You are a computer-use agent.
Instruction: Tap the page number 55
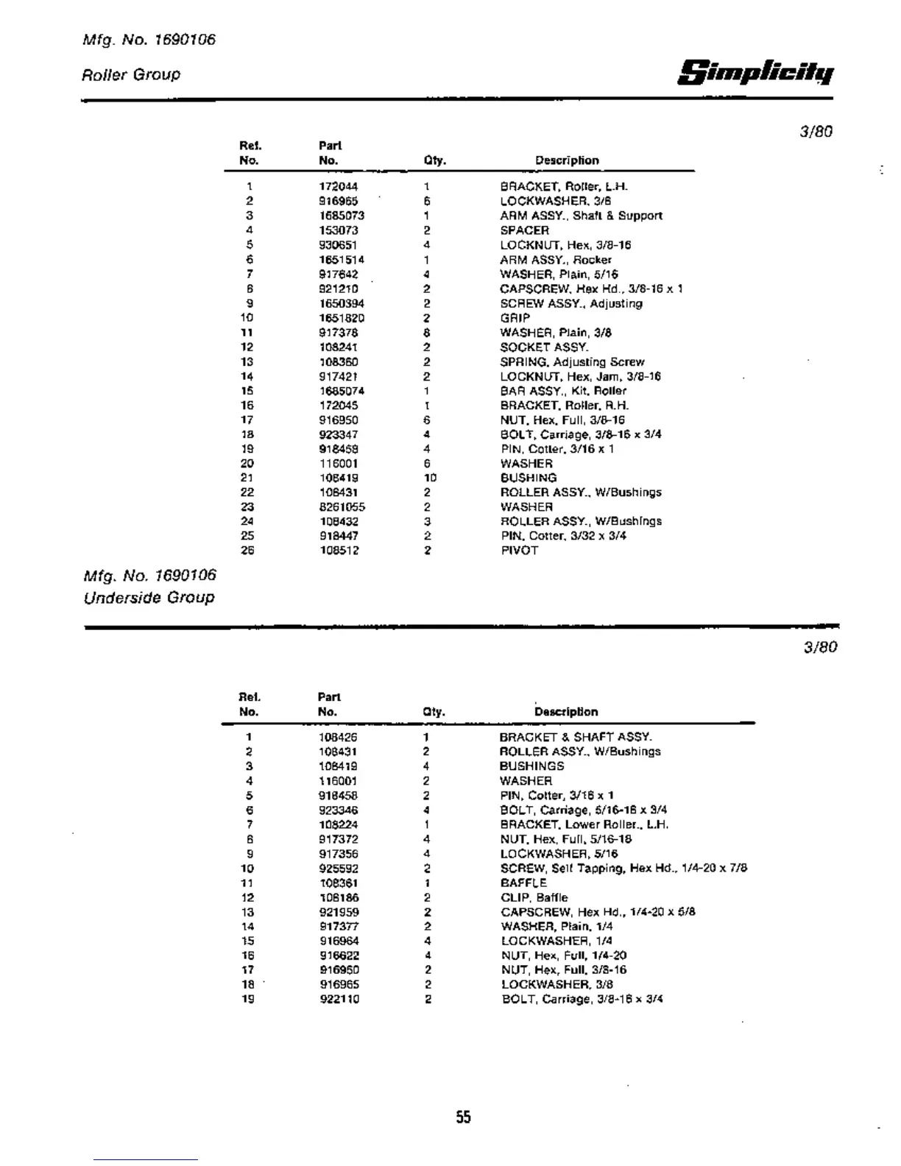click(x=463, y=1117)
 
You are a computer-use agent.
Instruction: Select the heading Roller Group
click(x=131, y=74)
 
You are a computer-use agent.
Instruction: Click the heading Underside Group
click(x=149, y=597)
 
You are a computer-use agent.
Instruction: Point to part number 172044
click(x=339, y=187)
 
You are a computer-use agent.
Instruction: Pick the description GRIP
click(x=515, y=318)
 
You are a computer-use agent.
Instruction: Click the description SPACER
click(x=524, y=230)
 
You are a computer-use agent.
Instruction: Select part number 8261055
click(x=342, y=507)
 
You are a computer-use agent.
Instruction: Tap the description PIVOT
click(x=519, y=551)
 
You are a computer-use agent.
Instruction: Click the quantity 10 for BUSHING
click(x=430, y=478)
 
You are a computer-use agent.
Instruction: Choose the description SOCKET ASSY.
click(x=544, y=347)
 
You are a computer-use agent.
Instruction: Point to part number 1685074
click(x=342, y=391)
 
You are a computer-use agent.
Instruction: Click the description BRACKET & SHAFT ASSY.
click(x=576, y=737)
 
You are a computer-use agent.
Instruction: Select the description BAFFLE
click(x=523, y=883)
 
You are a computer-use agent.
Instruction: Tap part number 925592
click(x=339, y=869)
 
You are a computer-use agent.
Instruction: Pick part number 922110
click(x=339, y=999)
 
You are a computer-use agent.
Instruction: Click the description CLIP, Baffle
click(x=534, y=897)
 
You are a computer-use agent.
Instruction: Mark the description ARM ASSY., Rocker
click(x=556, y=260)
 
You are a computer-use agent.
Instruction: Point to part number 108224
click(x=339, y=824)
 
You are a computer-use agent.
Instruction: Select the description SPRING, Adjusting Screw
click(x=572, y=362)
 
